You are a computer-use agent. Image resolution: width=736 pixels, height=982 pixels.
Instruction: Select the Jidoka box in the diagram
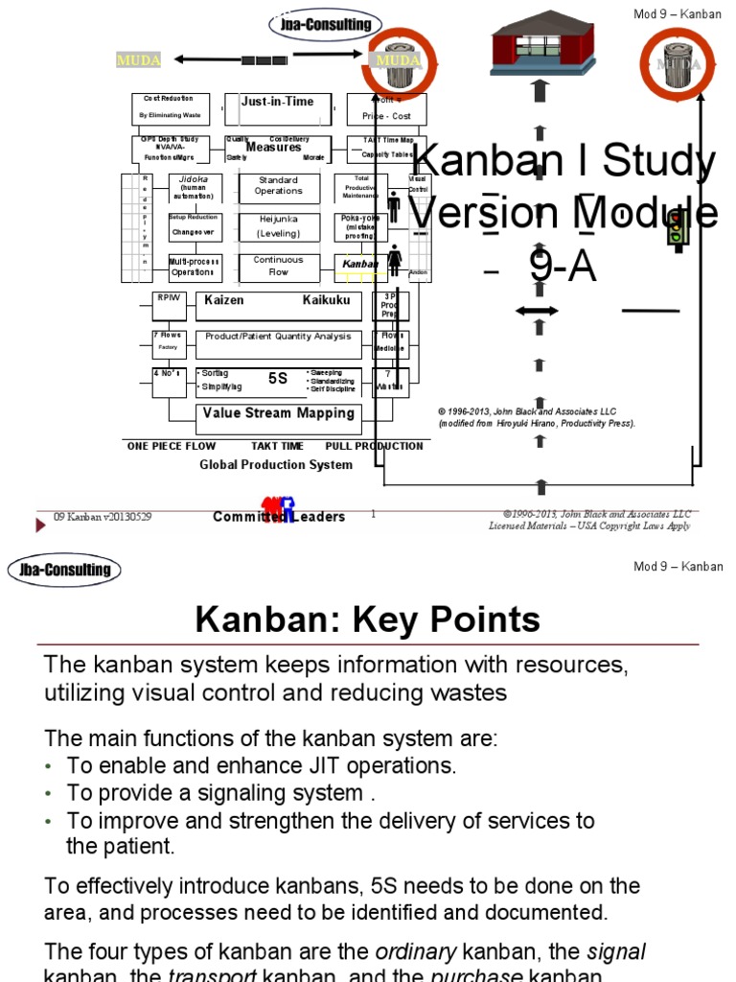click(x=195, y=187)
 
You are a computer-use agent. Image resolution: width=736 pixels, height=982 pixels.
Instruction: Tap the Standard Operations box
click(x=278, y=185)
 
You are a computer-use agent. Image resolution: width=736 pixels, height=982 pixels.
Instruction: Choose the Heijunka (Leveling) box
click(x=278, y=226)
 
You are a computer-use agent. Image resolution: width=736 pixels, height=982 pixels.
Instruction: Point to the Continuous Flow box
click(x=278, y=266)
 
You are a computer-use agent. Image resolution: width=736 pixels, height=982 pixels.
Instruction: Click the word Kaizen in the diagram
click(x=224, y=300)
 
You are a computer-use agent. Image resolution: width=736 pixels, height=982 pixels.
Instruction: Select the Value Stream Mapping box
click(x=278, y=413)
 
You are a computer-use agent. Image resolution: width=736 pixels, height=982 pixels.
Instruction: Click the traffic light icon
click(x=678, y=230)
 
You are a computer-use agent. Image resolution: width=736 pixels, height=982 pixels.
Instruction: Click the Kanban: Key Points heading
click(x=368, y=620)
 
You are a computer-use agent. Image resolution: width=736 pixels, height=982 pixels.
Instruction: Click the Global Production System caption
click(x=276, y=465)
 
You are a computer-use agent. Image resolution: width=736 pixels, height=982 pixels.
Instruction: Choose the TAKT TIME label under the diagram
click(x=277, y=446)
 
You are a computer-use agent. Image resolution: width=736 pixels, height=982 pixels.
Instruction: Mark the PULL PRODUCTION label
click(x=374, y=446)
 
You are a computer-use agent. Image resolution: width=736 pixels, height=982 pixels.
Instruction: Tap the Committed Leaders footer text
click(x=279, y=517)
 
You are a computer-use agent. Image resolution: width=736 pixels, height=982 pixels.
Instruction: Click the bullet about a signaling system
click(x=219, y=793)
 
